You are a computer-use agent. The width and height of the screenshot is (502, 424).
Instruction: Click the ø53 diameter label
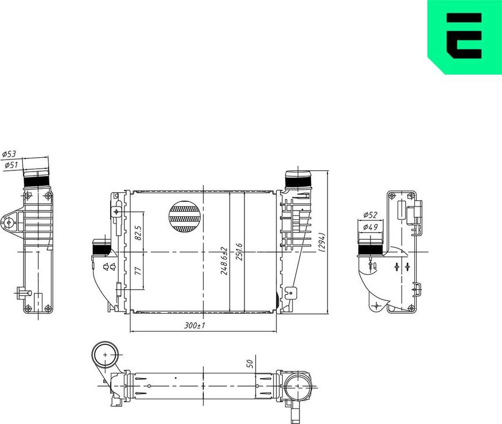(x=10, y=154)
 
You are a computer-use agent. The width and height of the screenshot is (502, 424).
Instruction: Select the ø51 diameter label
(x=11, y=165)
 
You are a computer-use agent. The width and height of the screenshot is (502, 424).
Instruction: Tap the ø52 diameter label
(x=370, y=216)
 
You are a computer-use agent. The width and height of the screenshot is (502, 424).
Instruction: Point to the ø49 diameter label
(x=370, y=228)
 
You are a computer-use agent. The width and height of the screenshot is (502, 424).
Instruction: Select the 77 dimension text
(x=138, y=270)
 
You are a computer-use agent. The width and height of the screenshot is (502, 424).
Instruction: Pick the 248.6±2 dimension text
(x=224, y=261)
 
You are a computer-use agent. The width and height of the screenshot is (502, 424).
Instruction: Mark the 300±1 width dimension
(x=194, y=325)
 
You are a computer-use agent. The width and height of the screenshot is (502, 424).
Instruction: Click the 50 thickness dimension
(x=250, y=363)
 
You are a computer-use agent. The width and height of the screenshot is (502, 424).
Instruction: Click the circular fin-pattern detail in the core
(x=185, y=217)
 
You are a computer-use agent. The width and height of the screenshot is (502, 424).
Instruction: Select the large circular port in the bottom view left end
(x=106, y=356)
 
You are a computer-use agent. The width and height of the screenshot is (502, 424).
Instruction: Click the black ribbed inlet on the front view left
(x=102, y=249)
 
